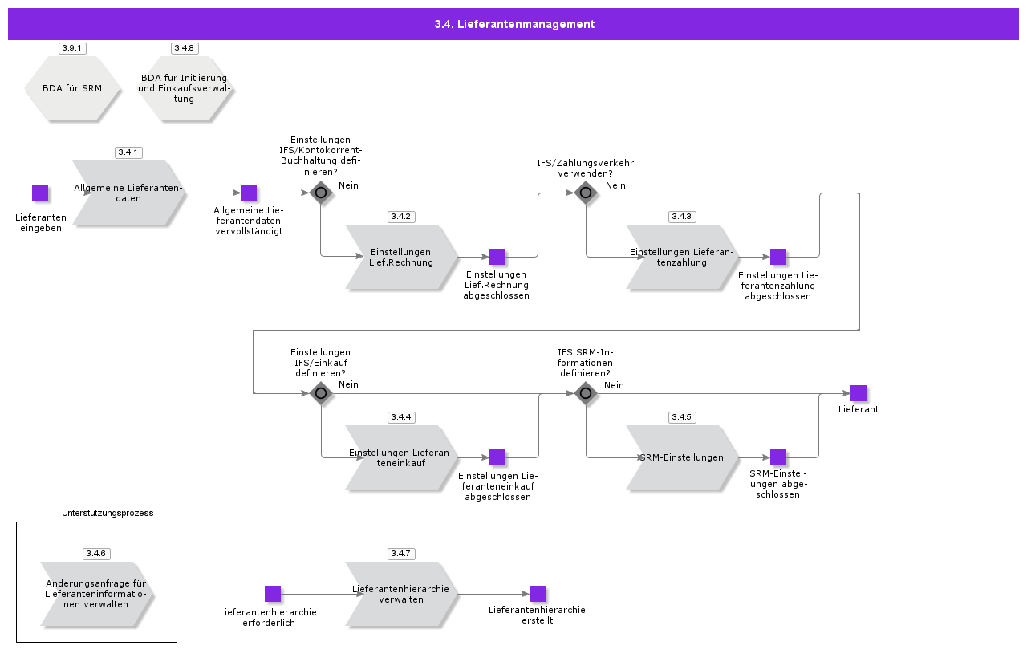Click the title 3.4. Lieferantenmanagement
[x=514, y=24]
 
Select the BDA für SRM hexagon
[x=72, y=88]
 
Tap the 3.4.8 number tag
[x=185, y=48]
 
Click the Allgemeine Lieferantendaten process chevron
[x=128, y=193]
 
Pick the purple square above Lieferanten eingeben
[x=40, y=193]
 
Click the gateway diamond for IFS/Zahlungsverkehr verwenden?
[x=586, y=193]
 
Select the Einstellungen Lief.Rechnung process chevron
[x=401, y=258]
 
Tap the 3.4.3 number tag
[x=682, y=217]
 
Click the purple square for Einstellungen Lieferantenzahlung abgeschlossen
[x=778, y=257]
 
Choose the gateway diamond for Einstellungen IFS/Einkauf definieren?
[x=321, y=393]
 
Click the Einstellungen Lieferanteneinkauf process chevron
[x=401, y=457]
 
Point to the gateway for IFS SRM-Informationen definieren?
[x=586, y=393]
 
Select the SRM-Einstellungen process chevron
[x=682, y=457]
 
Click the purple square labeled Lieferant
[x=859, y=393]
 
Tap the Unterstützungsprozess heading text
[x=108, y=513]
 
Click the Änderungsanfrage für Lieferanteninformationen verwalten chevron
[x=96, y=595]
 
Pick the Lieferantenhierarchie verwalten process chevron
[x=401, y=594]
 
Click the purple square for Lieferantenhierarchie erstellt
[x=538, y=594]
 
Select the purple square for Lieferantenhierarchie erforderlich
[x=273, y=594]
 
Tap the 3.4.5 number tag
[x=682, y=417]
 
